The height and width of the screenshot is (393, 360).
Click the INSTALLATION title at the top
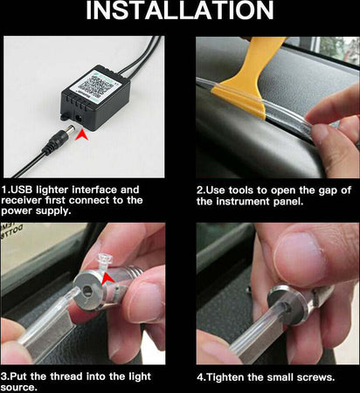click(x=180, y=10)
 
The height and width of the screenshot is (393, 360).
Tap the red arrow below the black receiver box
click(x=82, y=135)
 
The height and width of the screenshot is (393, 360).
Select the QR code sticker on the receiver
click(x=95, y=84)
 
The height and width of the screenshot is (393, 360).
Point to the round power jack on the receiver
click(x=79, y=118)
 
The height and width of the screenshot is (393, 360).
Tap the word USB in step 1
click(x=22, y=190)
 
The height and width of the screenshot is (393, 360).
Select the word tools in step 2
click(x=241, y=190)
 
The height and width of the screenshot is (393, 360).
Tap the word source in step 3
click(x=18, y=388)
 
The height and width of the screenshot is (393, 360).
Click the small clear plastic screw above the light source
click(x=103, y=261)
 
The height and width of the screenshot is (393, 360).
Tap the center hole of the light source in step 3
click(x=87, y=291)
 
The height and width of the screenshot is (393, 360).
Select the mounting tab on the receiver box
click(x=65, y=116)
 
